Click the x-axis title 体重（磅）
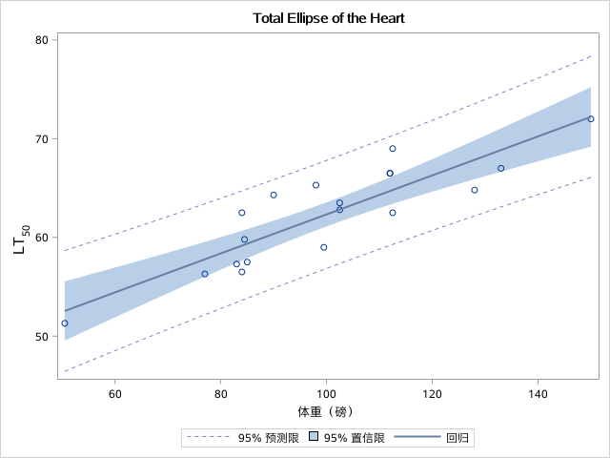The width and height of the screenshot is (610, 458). click(327, 412)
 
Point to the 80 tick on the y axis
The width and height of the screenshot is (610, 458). click(42, 40)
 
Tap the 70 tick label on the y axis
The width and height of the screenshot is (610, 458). click(42, 138)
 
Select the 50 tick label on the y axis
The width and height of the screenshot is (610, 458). click(42, 337)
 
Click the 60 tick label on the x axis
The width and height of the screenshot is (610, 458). click(114, 394)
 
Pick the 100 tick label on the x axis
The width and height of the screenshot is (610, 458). click(327, 394)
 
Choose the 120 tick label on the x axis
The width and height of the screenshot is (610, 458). click(433, 394)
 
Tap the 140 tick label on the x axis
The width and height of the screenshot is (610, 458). click(539, 394)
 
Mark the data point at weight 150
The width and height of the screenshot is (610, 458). click(591, 119)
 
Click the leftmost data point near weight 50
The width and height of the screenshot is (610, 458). click(65, 323)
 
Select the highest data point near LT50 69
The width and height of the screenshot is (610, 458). click(393, 149)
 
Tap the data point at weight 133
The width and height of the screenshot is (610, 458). click(501, 169)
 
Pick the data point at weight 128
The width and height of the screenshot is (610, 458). click(475, 190)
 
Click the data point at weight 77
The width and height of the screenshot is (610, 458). click(205, 274)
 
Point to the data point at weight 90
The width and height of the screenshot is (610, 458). click(274, 195)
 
